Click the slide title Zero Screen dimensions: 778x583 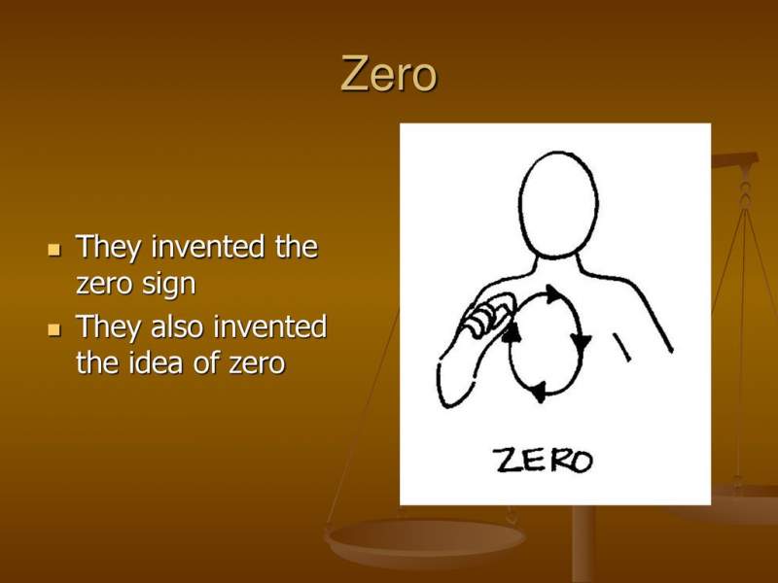click(388, 74)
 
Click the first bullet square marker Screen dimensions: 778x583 click(54, 250)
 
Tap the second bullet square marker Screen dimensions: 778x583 click(54, 329)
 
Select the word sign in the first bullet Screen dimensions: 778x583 click(168, 285)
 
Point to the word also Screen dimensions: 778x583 click(177, 327)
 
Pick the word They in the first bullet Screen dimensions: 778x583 click(108, 248)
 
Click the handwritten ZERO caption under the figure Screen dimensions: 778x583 click(545, 461)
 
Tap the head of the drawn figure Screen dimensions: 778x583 click(557, 205)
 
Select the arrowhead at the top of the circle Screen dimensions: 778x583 click(552, 294)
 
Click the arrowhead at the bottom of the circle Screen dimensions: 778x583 click(538, 392)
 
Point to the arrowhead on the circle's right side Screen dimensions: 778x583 click(580, 342)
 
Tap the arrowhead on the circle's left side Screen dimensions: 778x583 click(512, 332)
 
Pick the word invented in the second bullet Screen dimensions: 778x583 click(270, 327)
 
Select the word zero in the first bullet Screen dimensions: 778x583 click(104, 284)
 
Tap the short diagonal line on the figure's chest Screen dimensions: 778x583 click(622, 347)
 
